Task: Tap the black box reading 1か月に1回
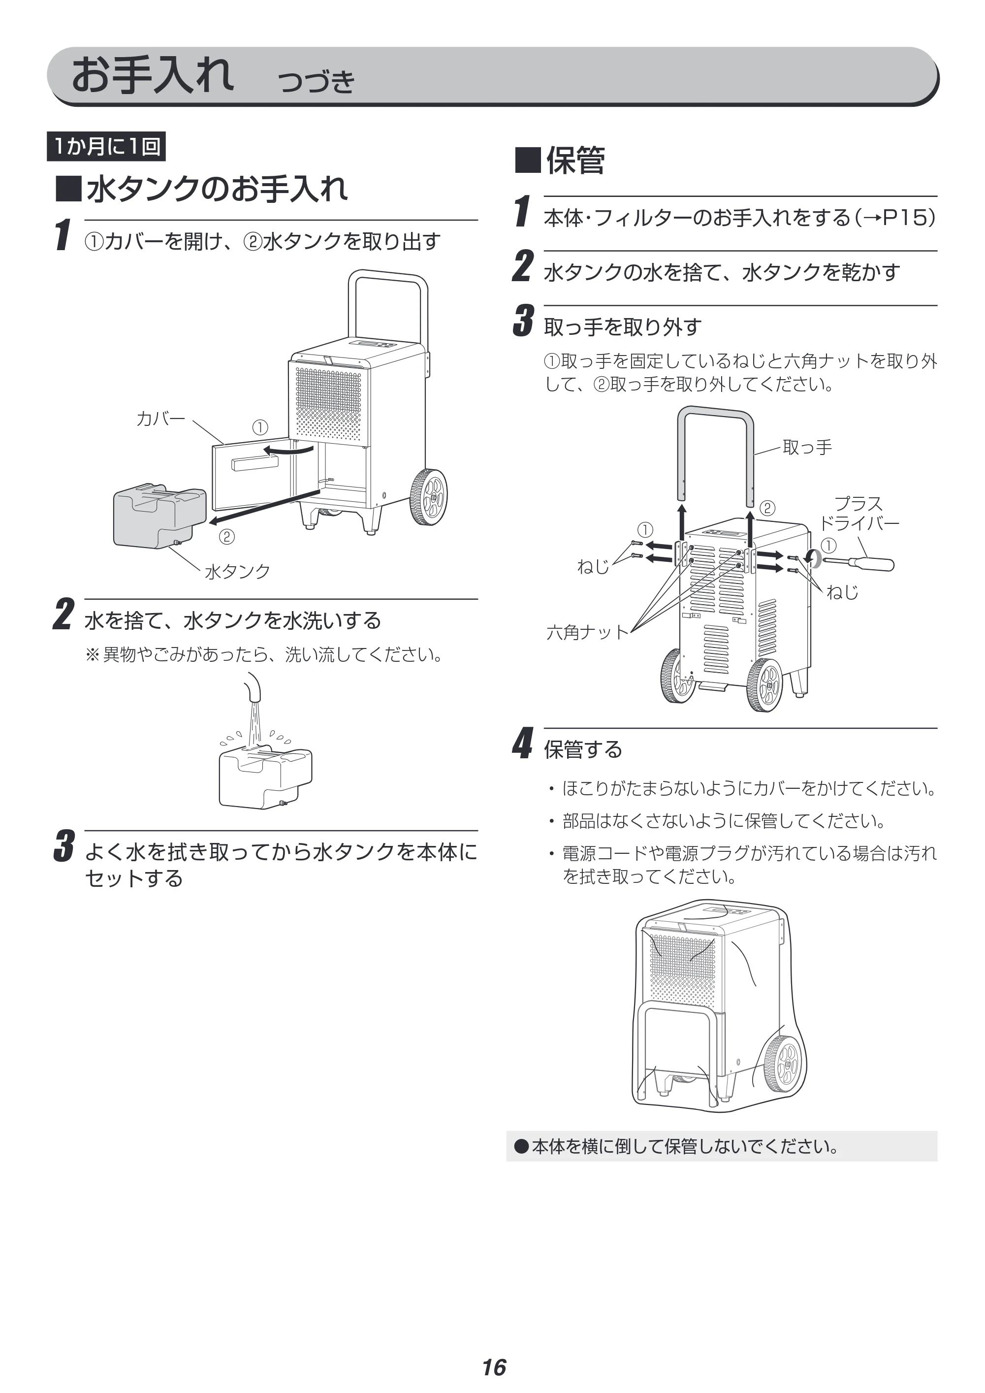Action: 106,146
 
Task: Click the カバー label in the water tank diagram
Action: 161,419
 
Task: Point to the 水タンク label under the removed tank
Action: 237,571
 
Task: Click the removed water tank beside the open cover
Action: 159,515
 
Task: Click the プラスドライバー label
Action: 858,513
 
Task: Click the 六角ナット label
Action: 588,632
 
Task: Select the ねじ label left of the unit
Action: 593,567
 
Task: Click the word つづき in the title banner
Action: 316,81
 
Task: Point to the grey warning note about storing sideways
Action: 722,1146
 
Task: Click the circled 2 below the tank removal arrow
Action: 226,537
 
